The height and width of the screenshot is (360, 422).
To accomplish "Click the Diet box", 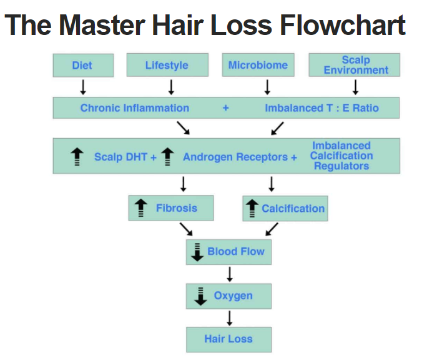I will (82, 65).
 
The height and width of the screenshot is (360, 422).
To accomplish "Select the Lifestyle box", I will (166, 65).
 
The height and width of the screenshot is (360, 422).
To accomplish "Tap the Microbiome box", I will (258, 65).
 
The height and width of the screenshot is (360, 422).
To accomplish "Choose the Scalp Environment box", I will (355, 65).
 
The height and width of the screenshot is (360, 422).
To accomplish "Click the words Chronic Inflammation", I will (134, 108).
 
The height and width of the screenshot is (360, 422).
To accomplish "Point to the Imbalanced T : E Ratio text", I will (321, 108).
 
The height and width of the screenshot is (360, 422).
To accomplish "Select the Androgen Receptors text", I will (235, 157).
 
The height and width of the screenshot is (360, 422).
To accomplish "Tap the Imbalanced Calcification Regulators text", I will (341, 156).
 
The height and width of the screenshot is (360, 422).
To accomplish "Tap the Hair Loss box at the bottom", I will (228, 339).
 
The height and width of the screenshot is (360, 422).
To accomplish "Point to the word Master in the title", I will (103, 25).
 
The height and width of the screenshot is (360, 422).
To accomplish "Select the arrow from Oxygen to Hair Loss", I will (229, 317).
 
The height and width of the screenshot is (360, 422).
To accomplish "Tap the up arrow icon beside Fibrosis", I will (141, 208).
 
